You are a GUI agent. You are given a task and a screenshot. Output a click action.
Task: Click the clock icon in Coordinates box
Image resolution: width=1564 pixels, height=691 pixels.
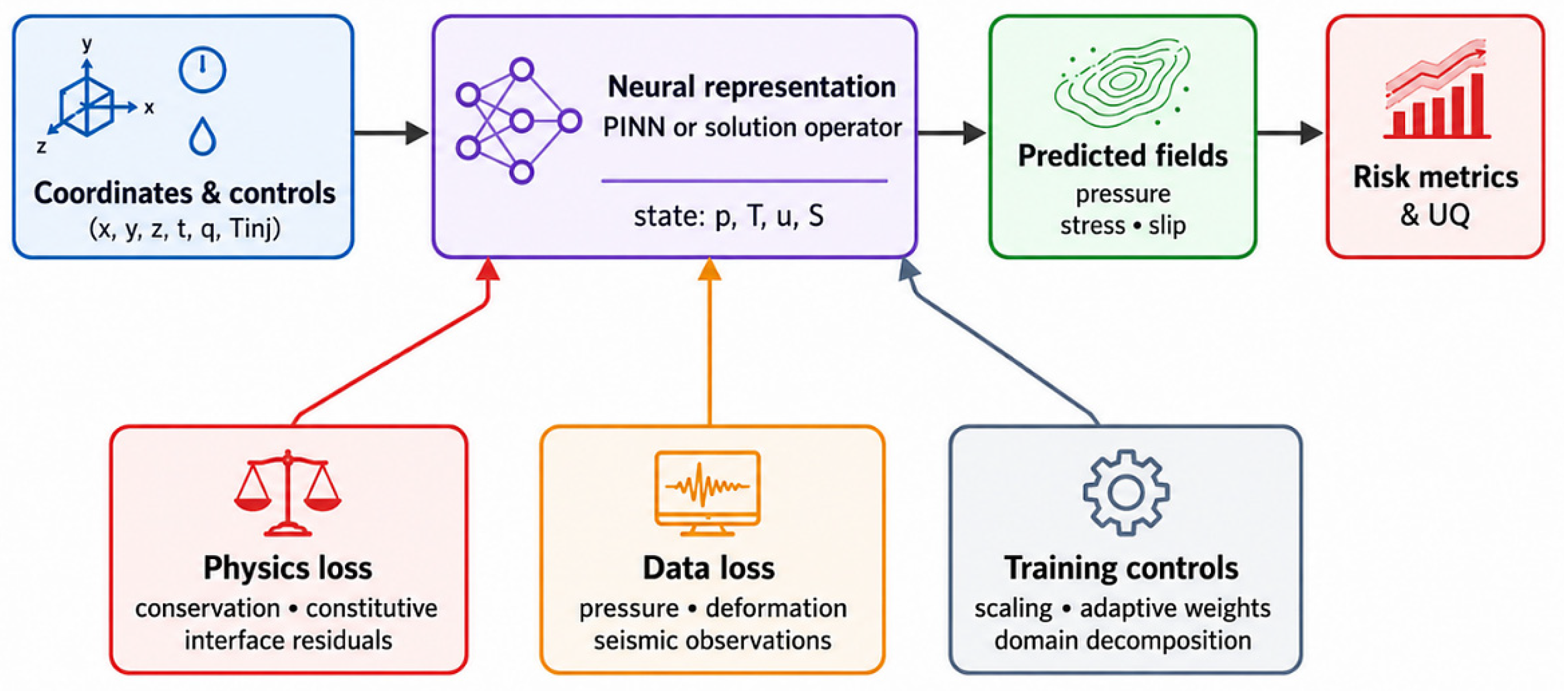[x=202, y=70]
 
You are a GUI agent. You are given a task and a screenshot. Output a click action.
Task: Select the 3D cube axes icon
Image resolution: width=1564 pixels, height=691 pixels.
[x=91, y=100]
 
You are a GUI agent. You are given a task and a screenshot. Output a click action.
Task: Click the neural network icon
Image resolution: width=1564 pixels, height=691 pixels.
[x=518, y=121]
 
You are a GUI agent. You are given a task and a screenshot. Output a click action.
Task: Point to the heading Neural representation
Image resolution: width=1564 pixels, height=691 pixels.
[x=752, y=87]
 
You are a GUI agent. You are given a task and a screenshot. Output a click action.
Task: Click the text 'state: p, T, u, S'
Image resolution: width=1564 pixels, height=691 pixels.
[x=728, y=216]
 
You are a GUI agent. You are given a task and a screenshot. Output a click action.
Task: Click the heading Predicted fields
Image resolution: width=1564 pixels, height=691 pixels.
[x=1123, y=156]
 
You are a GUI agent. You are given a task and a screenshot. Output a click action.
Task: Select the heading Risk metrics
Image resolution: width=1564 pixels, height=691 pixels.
[x=1435, y=177]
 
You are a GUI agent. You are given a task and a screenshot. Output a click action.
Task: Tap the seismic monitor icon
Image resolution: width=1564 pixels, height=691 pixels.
[x=707, y=492]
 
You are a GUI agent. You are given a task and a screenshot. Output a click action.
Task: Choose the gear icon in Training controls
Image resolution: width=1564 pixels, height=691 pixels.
[x=1126, y=492]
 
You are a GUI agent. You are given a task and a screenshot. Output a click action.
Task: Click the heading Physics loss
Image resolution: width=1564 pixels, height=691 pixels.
[x=288, y=568]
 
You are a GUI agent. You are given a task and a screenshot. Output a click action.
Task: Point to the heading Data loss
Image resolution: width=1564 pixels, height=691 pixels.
[x=708, y=568]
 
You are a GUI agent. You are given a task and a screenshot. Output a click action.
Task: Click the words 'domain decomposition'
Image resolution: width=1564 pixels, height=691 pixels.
[x=1123, y=640]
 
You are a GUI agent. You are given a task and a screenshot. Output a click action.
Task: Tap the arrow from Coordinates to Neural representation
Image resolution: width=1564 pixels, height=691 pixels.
[x=392, y=133]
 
